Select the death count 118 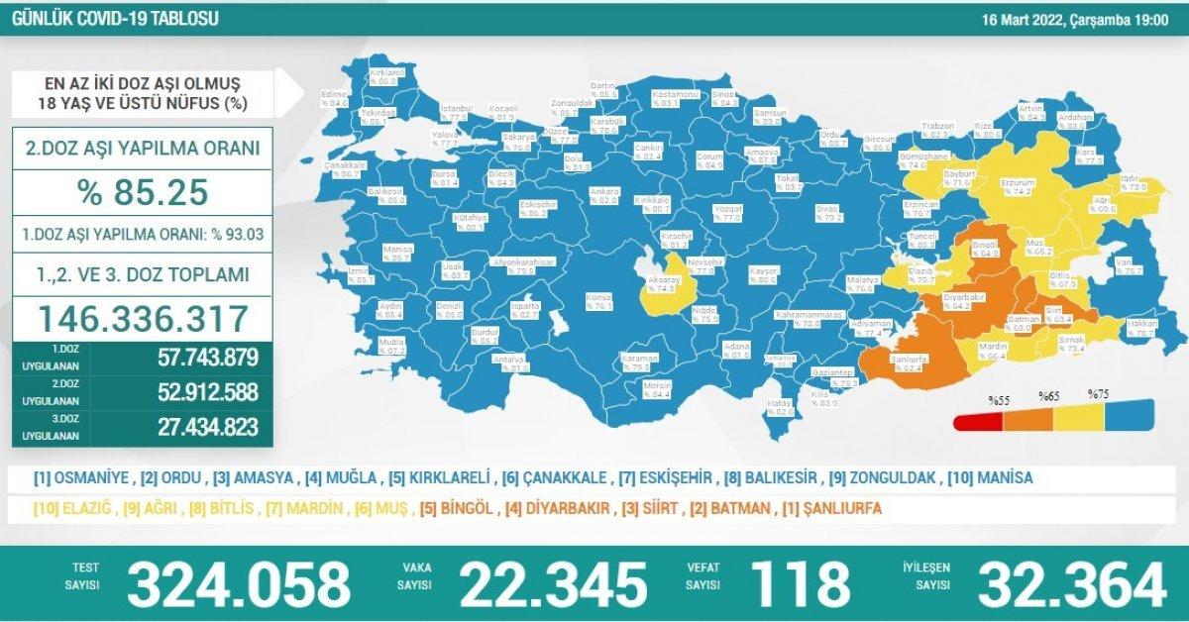click(801, 584)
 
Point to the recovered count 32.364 click(1070, 584)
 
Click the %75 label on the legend click(1098, 394)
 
